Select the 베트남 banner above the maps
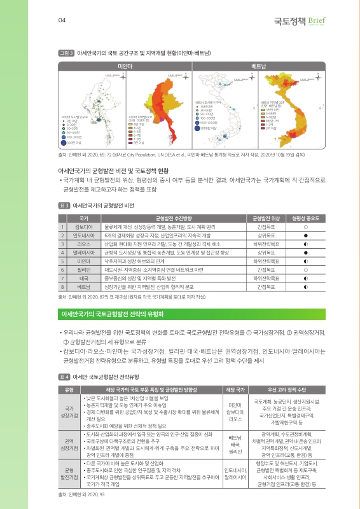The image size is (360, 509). click(x=258, y=66)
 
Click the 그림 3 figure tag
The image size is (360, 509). click(x=66, y=54)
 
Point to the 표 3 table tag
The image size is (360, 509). click(x=64, y=206)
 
